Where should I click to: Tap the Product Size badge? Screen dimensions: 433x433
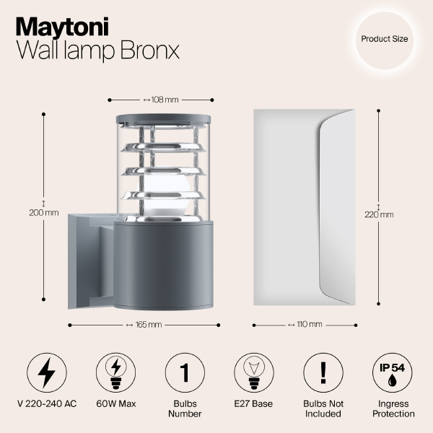[385, 39]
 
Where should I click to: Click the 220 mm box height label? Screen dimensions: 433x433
[380, 214]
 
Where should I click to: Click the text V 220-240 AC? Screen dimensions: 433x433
[46, 404]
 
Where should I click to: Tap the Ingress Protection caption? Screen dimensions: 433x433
[393, 409]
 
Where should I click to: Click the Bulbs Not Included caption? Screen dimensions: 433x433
[323, 409]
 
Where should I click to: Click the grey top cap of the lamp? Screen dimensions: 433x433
[161, 118]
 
